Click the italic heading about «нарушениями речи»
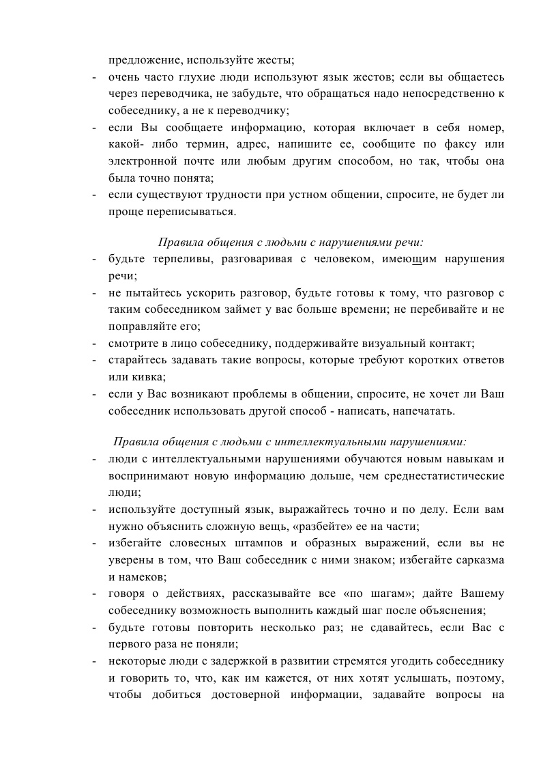tap(291, 242)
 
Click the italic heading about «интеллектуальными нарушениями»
tap(290, 441)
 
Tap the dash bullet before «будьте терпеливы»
tap(94, 260)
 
